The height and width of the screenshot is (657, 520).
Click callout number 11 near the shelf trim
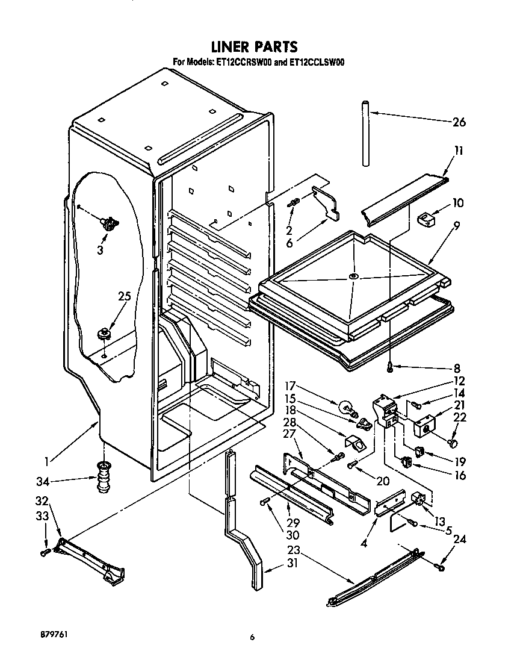click(459, 151)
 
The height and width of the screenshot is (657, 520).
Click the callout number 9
click(457, 226)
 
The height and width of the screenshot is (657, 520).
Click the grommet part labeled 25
click(105, 332)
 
